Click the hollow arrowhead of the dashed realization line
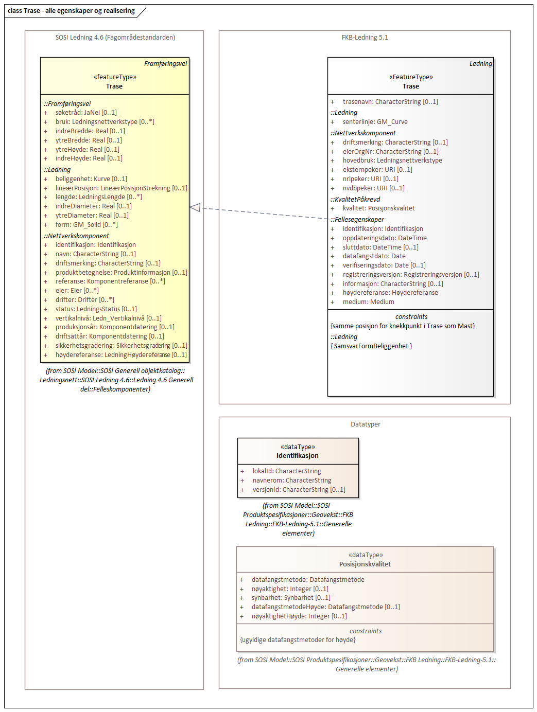point(195,207)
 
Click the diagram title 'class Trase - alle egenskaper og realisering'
point(71,11)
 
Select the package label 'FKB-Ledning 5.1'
point(365,38)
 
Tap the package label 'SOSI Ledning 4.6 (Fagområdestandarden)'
point(115,38)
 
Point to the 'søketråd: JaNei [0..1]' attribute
point(86,113)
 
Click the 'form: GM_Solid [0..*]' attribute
point(86,225)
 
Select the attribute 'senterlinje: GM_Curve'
point(375,122)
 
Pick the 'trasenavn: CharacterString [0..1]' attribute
point(390,102)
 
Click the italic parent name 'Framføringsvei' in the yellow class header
point(165,64)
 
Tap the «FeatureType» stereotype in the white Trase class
point(411,77)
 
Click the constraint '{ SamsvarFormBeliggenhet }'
point(371,346)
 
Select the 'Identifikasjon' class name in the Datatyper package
point(298,456)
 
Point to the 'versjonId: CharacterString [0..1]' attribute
point(299,490)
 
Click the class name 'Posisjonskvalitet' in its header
point(365,564)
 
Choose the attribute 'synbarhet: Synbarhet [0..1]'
point(291,598)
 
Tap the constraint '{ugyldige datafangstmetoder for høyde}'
point(298,640)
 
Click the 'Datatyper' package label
point(365,424)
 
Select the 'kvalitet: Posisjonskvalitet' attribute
point(378,208)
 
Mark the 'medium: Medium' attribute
point(368,302)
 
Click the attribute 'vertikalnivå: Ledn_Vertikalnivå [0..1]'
point(108,318)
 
